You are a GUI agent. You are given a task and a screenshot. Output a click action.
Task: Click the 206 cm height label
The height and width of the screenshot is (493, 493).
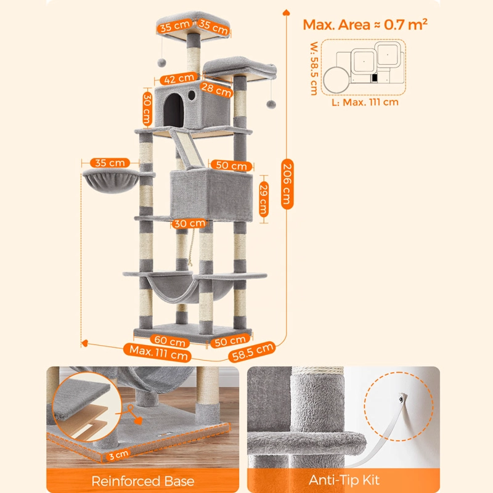tap(287, 184)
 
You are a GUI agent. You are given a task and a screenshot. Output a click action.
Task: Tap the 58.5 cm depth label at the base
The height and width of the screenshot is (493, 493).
tap(252, 351)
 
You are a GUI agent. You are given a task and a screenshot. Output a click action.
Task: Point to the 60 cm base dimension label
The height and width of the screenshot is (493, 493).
tap(170, 341)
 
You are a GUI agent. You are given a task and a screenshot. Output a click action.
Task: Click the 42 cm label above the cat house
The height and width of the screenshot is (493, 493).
tap(179, 78)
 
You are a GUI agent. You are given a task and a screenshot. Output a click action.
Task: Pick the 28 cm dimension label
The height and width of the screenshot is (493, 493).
tap(216, 89)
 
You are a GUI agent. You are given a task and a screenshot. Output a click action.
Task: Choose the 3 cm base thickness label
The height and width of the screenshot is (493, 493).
tap(119, 455)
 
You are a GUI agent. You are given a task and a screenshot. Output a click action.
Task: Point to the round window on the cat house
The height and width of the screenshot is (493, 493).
tap(191, 96)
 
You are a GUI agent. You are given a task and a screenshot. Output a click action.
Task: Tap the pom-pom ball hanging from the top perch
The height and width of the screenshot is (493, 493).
tap(161, 62)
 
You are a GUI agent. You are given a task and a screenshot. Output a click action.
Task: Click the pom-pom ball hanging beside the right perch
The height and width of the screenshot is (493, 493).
tap(271, 104)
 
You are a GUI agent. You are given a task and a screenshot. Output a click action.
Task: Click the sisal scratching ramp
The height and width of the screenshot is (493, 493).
tap(188, 147)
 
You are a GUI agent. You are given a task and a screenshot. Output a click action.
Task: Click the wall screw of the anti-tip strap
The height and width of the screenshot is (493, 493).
tap(402, 399)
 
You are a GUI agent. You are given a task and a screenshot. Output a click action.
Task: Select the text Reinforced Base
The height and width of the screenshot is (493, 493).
tap(143, 481)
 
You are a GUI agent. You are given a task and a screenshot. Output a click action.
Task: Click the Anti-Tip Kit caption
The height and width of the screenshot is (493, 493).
tap(344, 480)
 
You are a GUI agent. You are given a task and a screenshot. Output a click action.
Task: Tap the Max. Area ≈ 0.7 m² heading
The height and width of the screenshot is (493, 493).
tap(365, 25)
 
